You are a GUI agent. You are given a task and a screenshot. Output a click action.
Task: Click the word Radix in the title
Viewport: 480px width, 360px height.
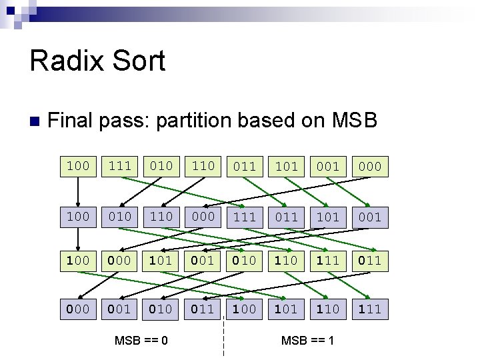(65, 61)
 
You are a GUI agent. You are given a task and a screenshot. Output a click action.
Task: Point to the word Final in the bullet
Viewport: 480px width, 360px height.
(71, 121)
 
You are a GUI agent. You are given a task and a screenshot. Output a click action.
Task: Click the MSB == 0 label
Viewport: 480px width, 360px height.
(141, 341)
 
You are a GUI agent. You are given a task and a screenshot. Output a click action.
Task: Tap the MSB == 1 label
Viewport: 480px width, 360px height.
(307, 341)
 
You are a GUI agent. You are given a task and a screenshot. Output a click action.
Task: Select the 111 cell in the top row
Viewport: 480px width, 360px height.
(120, 166)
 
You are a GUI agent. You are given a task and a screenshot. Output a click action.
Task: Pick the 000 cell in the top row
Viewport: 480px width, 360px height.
(369, 166)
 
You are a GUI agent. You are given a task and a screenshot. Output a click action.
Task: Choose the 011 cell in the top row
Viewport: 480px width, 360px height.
(245, 166)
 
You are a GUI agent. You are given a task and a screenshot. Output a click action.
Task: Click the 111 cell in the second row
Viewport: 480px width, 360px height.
(245, 217)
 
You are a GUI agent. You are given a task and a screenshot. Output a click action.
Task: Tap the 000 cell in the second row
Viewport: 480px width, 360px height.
(203, 217)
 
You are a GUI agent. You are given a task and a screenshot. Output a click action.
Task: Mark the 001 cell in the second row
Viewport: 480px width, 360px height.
(369, 217)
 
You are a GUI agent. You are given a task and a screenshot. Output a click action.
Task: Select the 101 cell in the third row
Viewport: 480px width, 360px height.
(161, 260)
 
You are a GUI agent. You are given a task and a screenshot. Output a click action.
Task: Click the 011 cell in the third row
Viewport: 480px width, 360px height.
(369, 260)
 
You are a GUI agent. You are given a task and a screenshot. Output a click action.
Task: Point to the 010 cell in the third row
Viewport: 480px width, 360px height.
(245, 260)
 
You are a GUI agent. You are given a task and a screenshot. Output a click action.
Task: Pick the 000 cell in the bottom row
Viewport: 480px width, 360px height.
(78, 309)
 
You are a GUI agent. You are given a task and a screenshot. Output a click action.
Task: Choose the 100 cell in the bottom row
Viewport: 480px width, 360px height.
(245, 309)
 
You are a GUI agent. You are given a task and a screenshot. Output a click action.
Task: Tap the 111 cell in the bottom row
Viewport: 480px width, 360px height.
(369, 309)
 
